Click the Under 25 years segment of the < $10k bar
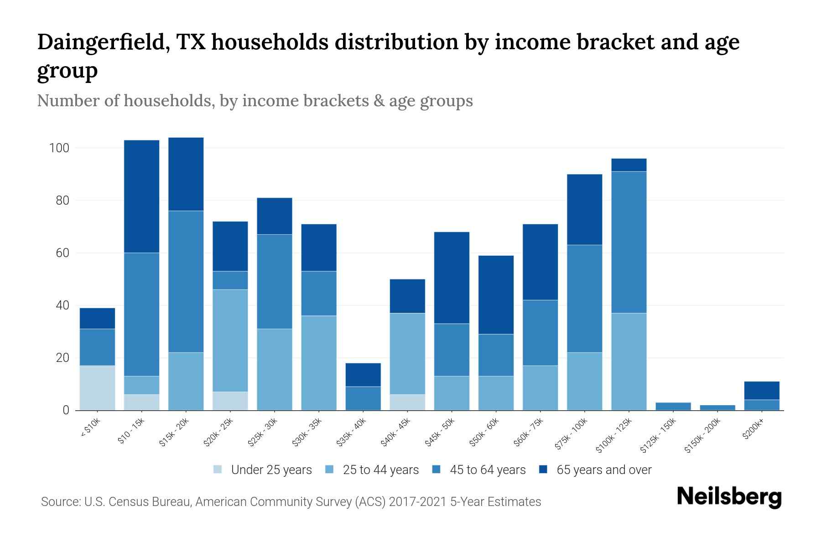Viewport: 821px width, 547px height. [x=97, y=387]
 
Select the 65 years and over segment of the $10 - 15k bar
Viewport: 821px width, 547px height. [x=141, y=196]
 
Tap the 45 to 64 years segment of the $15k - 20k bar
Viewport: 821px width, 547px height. [x=186, y=281]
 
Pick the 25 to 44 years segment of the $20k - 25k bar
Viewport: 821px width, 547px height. [x=230, y=340]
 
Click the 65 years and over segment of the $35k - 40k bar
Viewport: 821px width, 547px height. [x=363, y=375]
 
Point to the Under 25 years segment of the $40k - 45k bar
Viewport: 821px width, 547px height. [x=407, y=402]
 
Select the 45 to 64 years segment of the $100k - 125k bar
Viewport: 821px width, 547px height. [x=629, y=242]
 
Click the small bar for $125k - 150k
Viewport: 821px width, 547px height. [x=673, y=406]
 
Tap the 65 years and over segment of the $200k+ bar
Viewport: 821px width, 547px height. [x=761, y=391]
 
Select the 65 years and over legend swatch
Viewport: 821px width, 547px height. [x=543, y=470]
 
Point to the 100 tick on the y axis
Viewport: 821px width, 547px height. [x=59, y=148]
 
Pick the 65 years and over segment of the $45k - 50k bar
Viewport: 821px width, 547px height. [x=452, y=278]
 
